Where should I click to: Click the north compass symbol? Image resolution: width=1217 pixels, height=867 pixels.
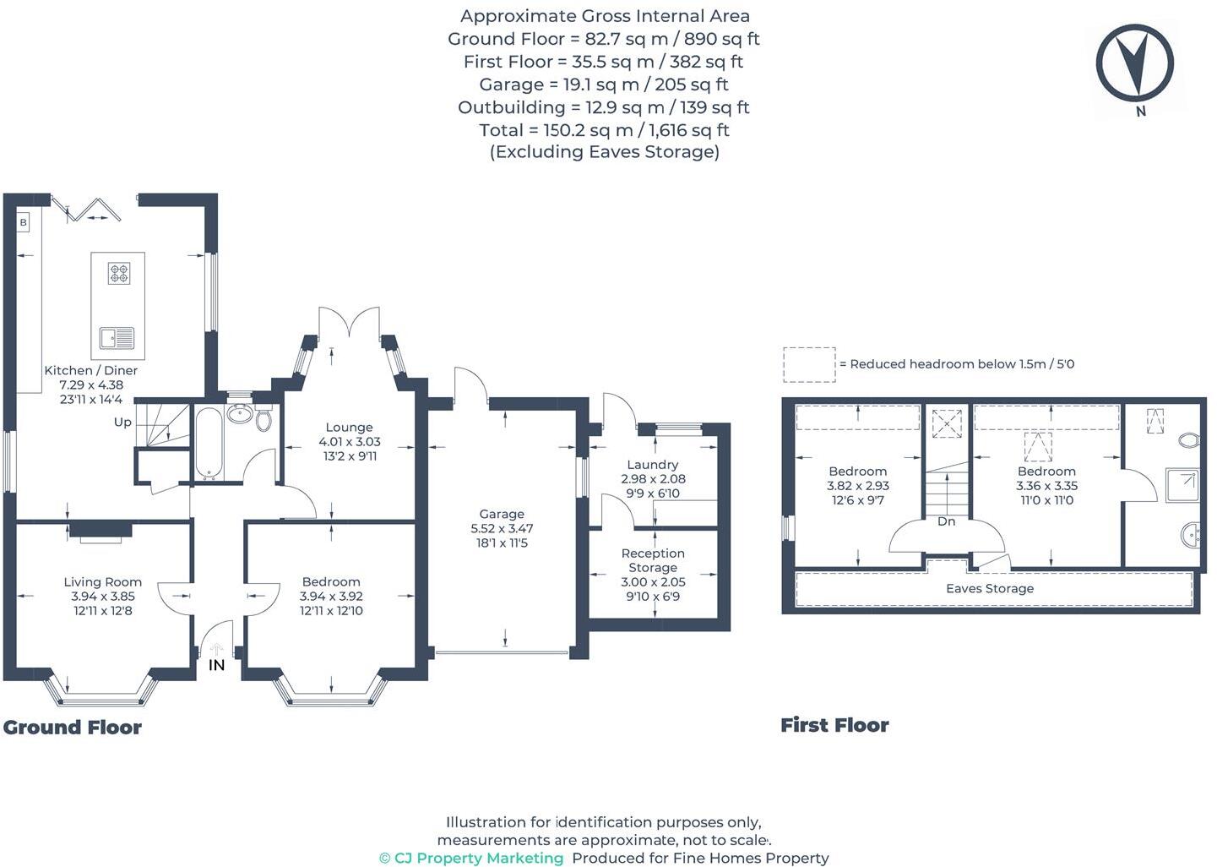(1134, 63)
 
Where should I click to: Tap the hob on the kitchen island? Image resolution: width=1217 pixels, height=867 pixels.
(119, 274)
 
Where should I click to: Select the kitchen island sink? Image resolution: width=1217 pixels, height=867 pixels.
(117, 337)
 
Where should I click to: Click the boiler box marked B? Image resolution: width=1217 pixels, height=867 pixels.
(24, 222)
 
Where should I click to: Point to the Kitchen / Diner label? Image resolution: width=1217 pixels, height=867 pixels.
(90, 370)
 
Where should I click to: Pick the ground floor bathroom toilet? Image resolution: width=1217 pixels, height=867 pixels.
(264, 417)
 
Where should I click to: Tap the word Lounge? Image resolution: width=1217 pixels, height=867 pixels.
(349, 428)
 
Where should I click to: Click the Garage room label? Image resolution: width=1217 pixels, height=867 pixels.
(502, 514)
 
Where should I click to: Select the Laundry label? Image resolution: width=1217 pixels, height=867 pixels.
(653, 464)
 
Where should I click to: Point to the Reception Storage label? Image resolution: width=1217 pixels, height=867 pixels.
(653, 560)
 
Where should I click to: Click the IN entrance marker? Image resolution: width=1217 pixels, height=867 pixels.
(217, 665)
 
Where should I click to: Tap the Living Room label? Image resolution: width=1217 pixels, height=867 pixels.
(103, 581)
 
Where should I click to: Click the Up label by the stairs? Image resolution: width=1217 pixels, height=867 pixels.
(122, 422)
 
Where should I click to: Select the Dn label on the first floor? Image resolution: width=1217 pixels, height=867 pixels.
(946, 521)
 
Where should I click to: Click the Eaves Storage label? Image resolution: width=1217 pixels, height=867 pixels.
(989, 588)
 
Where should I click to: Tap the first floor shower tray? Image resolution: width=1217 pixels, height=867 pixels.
(1182, 485)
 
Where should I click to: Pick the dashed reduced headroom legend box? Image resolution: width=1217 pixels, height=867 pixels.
(809, 365)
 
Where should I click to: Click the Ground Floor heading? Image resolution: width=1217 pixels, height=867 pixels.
(73, 727)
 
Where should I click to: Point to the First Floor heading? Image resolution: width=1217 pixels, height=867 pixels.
(834, 724)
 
